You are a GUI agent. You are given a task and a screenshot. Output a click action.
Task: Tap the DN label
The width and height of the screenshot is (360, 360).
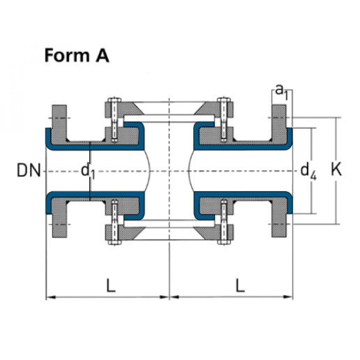[29, 170]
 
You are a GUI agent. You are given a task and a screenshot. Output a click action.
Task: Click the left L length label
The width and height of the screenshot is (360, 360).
[110, 286]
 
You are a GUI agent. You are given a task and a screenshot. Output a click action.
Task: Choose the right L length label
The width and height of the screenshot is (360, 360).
[240, 286]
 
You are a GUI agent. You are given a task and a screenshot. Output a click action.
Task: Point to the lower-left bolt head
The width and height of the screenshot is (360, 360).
[114, 243]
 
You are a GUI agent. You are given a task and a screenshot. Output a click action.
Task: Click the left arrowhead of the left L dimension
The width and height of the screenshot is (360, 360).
[48, 297]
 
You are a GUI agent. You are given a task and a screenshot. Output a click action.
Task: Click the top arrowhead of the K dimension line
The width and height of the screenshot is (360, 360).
[336, 120]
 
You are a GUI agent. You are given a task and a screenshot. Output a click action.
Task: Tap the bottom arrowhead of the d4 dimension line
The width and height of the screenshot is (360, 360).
[311, 211]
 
